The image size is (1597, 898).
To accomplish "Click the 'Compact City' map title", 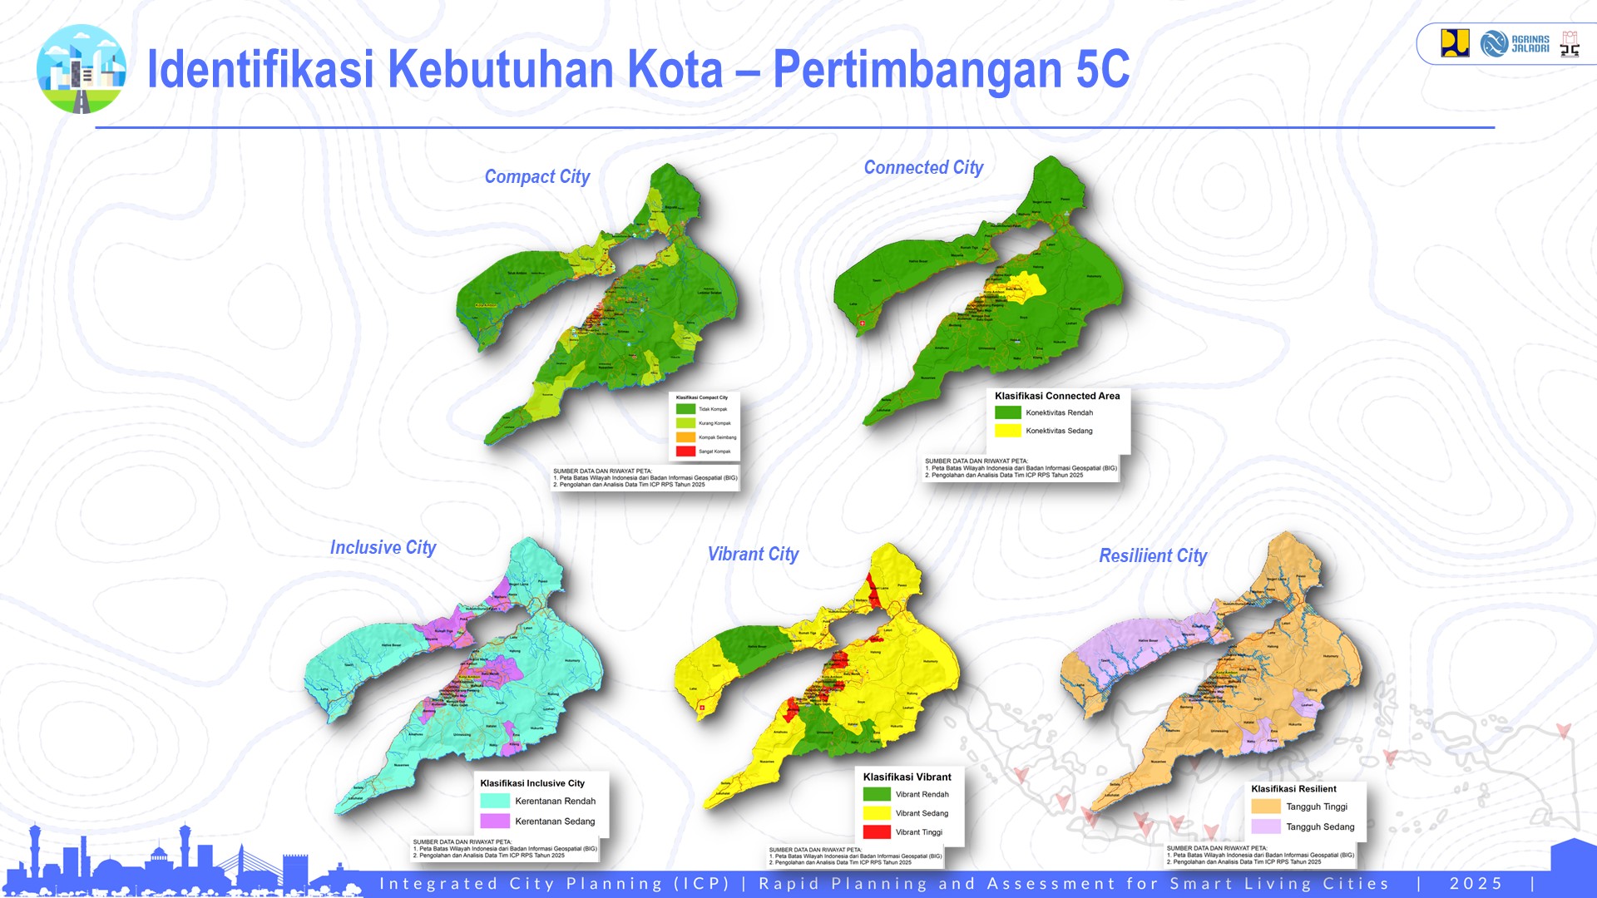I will point(536,177).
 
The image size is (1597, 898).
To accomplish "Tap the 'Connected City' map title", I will point(923,168).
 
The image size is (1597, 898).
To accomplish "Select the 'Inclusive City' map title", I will point(383,548).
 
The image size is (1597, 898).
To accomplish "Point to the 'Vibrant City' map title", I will point(753,555).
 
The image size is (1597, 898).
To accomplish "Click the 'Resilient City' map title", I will point(1153,556).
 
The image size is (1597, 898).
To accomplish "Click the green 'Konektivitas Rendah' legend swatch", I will point(1007,412).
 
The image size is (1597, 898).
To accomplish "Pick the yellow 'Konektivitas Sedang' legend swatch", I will point(1007,431).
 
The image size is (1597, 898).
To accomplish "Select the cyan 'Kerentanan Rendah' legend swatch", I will point(495,802).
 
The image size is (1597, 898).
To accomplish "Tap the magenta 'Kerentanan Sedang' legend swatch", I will point(495,822).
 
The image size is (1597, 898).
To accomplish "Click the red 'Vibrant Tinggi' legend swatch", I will point(877,832).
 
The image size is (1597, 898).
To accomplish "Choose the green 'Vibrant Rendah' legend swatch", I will point(877,795).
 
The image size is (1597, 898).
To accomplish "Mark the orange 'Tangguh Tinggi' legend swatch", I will point(1265,807).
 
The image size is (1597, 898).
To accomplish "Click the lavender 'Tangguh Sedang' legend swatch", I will point(1265,826).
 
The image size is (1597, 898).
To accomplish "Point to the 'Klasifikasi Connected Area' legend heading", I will point(1057,397).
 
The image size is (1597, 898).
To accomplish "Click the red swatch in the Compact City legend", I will point(685,451).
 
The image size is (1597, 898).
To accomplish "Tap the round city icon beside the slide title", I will point(82,69).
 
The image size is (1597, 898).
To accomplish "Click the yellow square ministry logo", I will point(1455,43).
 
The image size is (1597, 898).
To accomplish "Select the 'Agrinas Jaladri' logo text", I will point(1530,44).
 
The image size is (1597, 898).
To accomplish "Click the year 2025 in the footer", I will point(1476,884).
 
